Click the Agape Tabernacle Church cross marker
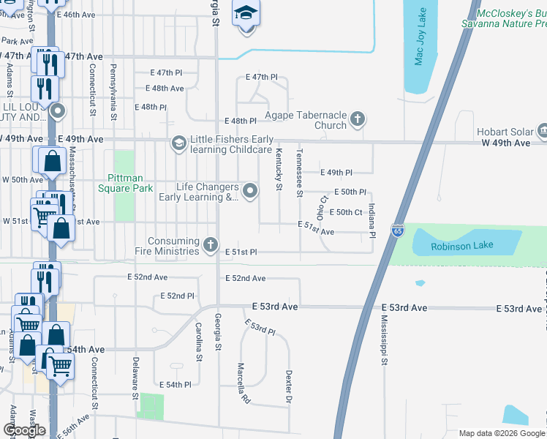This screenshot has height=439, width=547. (357, 119)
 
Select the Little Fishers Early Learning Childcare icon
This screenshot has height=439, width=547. (178, 143)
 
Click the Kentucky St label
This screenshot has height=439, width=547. (279, 169)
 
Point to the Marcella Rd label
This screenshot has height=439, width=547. (244, 384)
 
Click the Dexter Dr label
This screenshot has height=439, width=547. (289, 388)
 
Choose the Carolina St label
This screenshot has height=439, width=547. (198, 342)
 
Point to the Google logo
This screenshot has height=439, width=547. (25, 430)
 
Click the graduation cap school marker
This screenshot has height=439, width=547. (246, 13)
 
